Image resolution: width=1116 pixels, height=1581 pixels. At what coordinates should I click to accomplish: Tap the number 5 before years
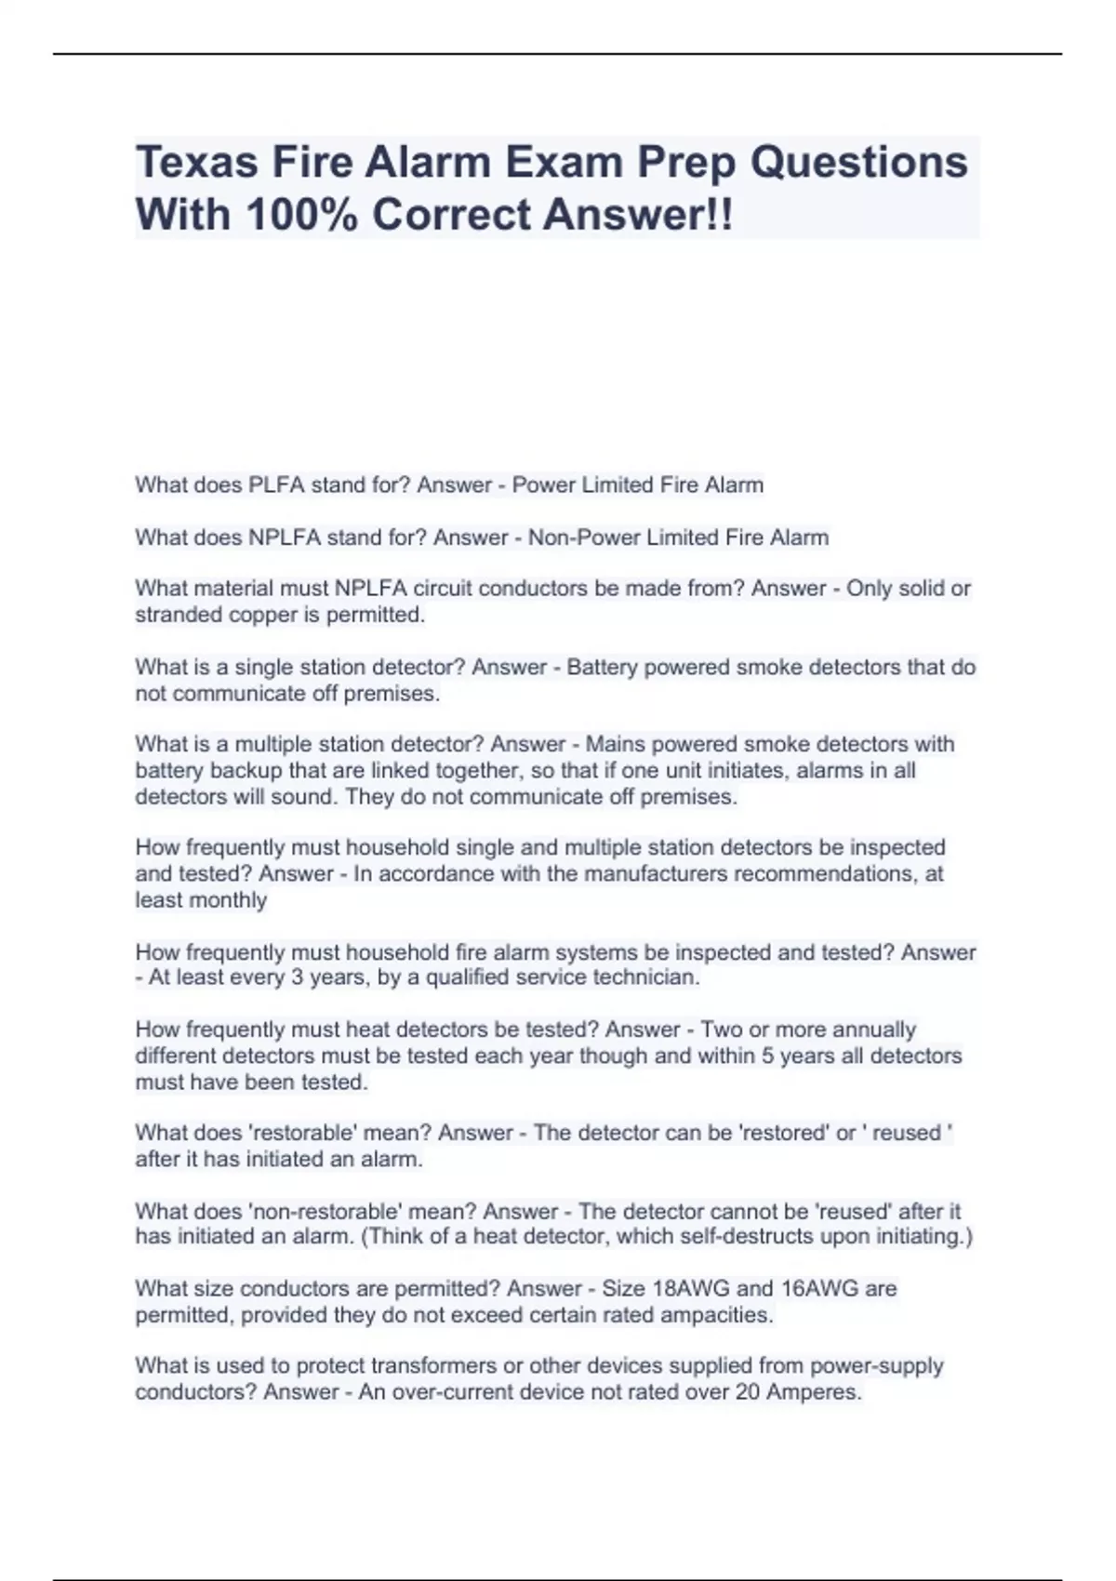tap(767, 1056)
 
